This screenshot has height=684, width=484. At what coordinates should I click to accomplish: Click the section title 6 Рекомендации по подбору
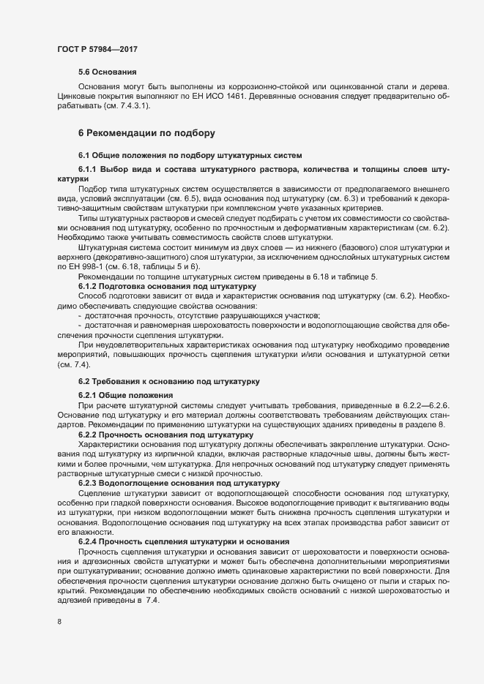pyautogui.click(x=146, y=133)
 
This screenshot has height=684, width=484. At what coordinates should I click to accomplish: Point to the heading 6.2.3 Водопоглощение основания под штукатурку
pyautogui.click(x=178, y=483)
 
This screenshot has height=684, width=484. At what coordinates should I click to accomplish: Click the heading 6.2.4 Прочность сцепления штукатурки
pyautogui.click(x=174, y=541)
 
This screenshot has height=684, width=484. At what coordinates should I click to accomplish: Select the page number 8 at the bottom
pyautogui.click(x=59, y=622)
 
